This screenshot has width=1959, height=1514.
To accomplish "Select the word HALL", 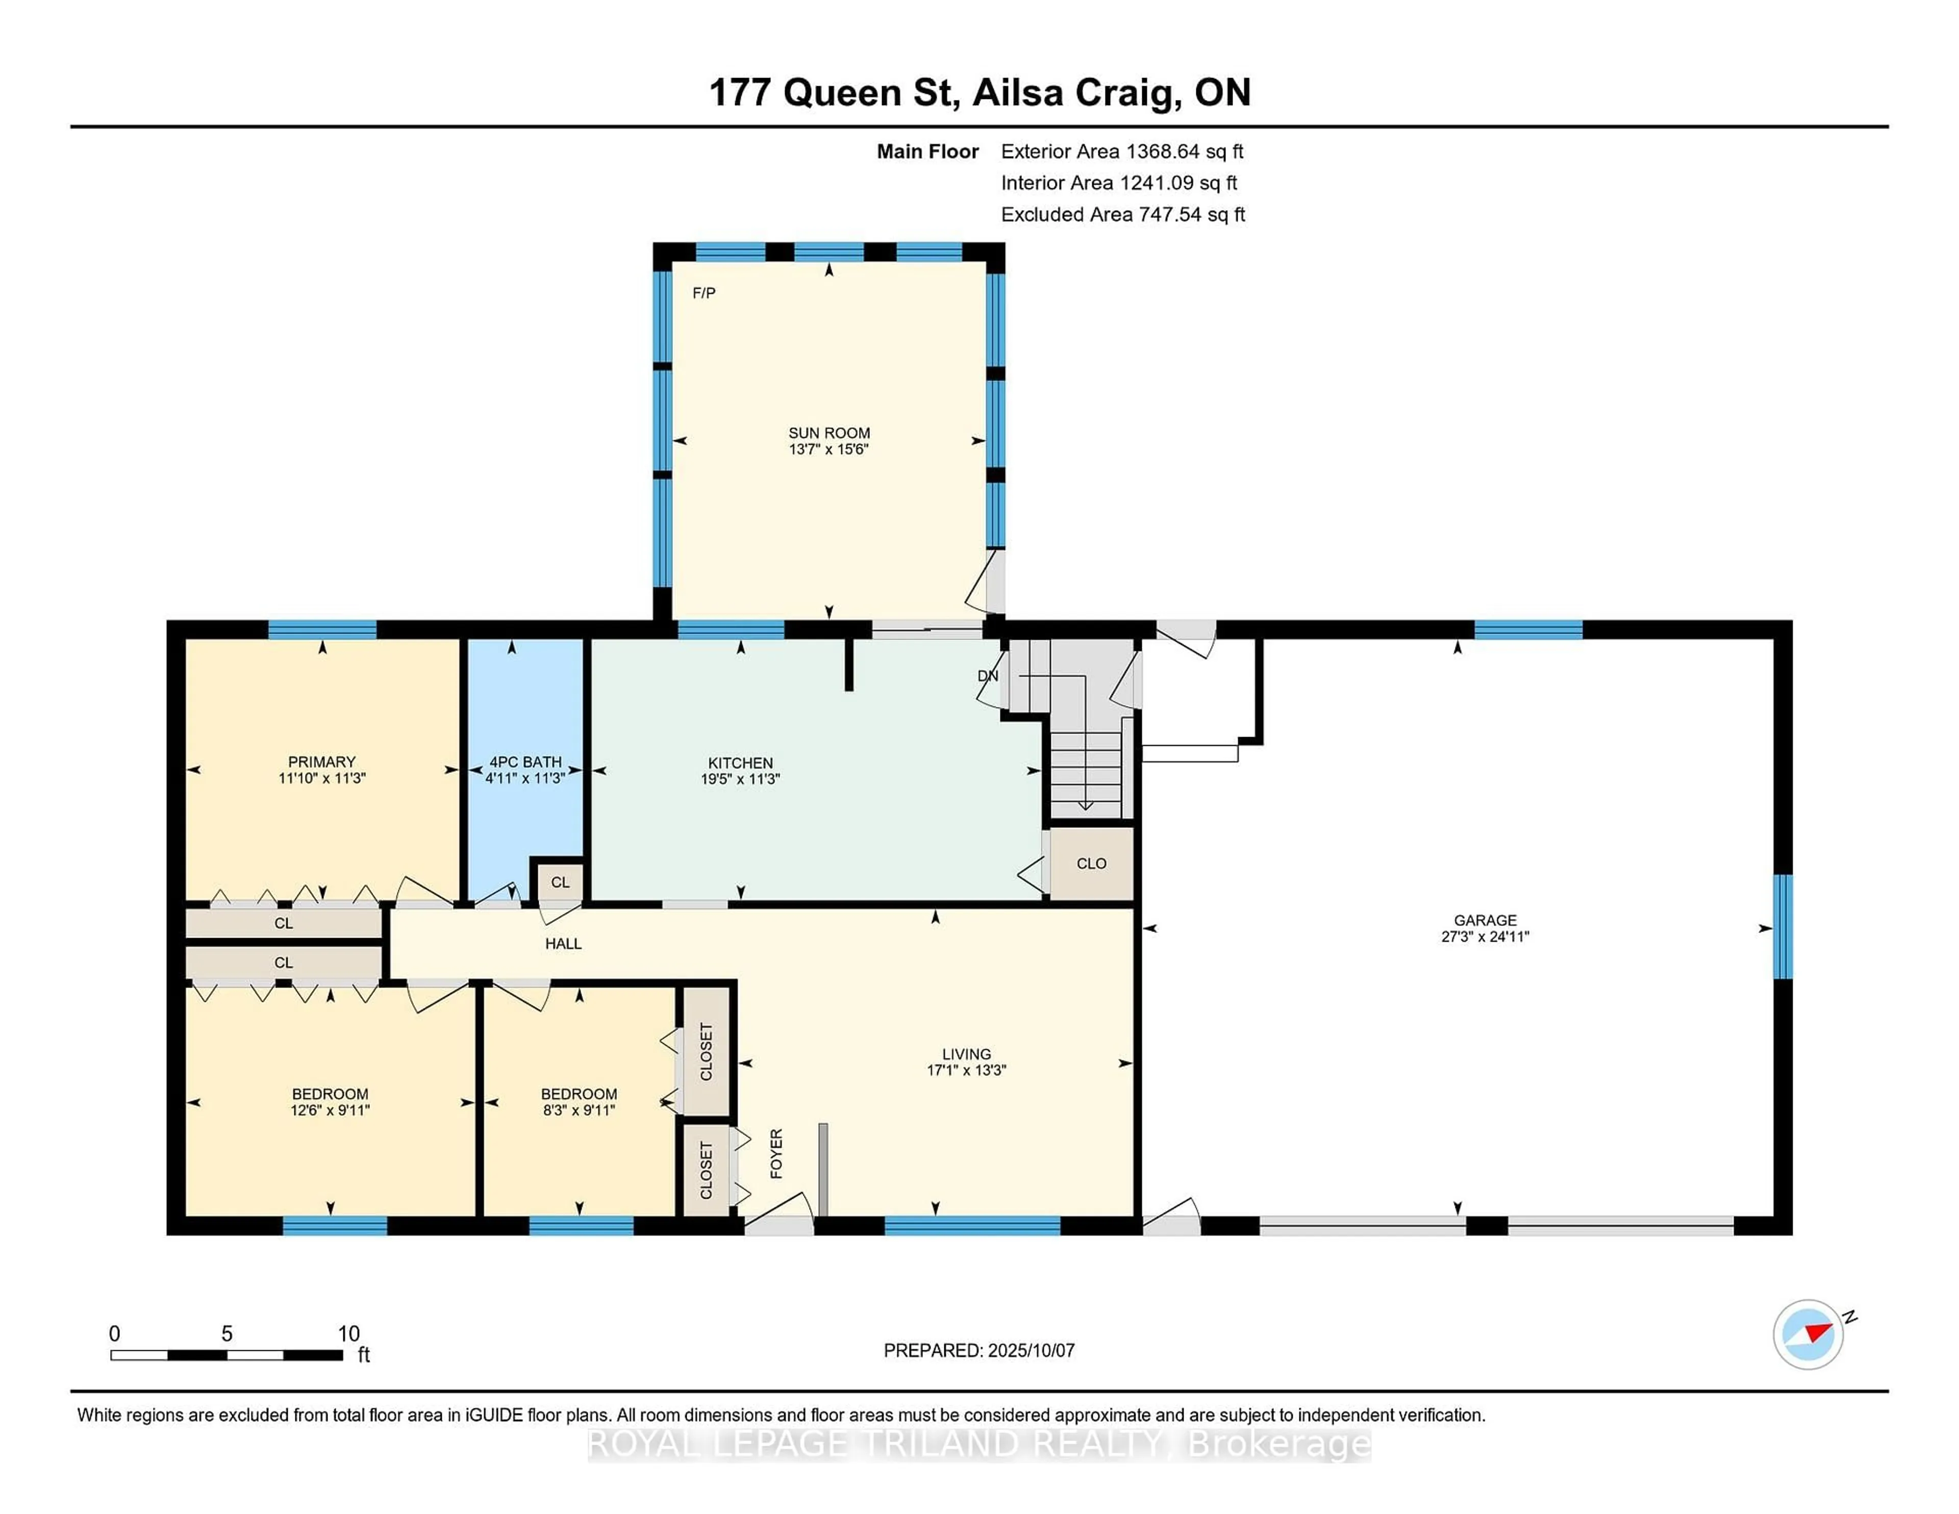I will pos(563,944).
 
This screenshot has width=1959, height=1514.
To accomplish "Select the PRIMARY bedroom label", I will pos(322,762).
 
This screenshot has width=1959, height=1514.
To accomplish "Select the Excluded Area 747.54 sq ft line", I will pos(1122,214).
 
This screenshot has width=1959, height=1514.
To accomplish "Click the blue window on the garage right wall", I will pos(1783,926).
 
